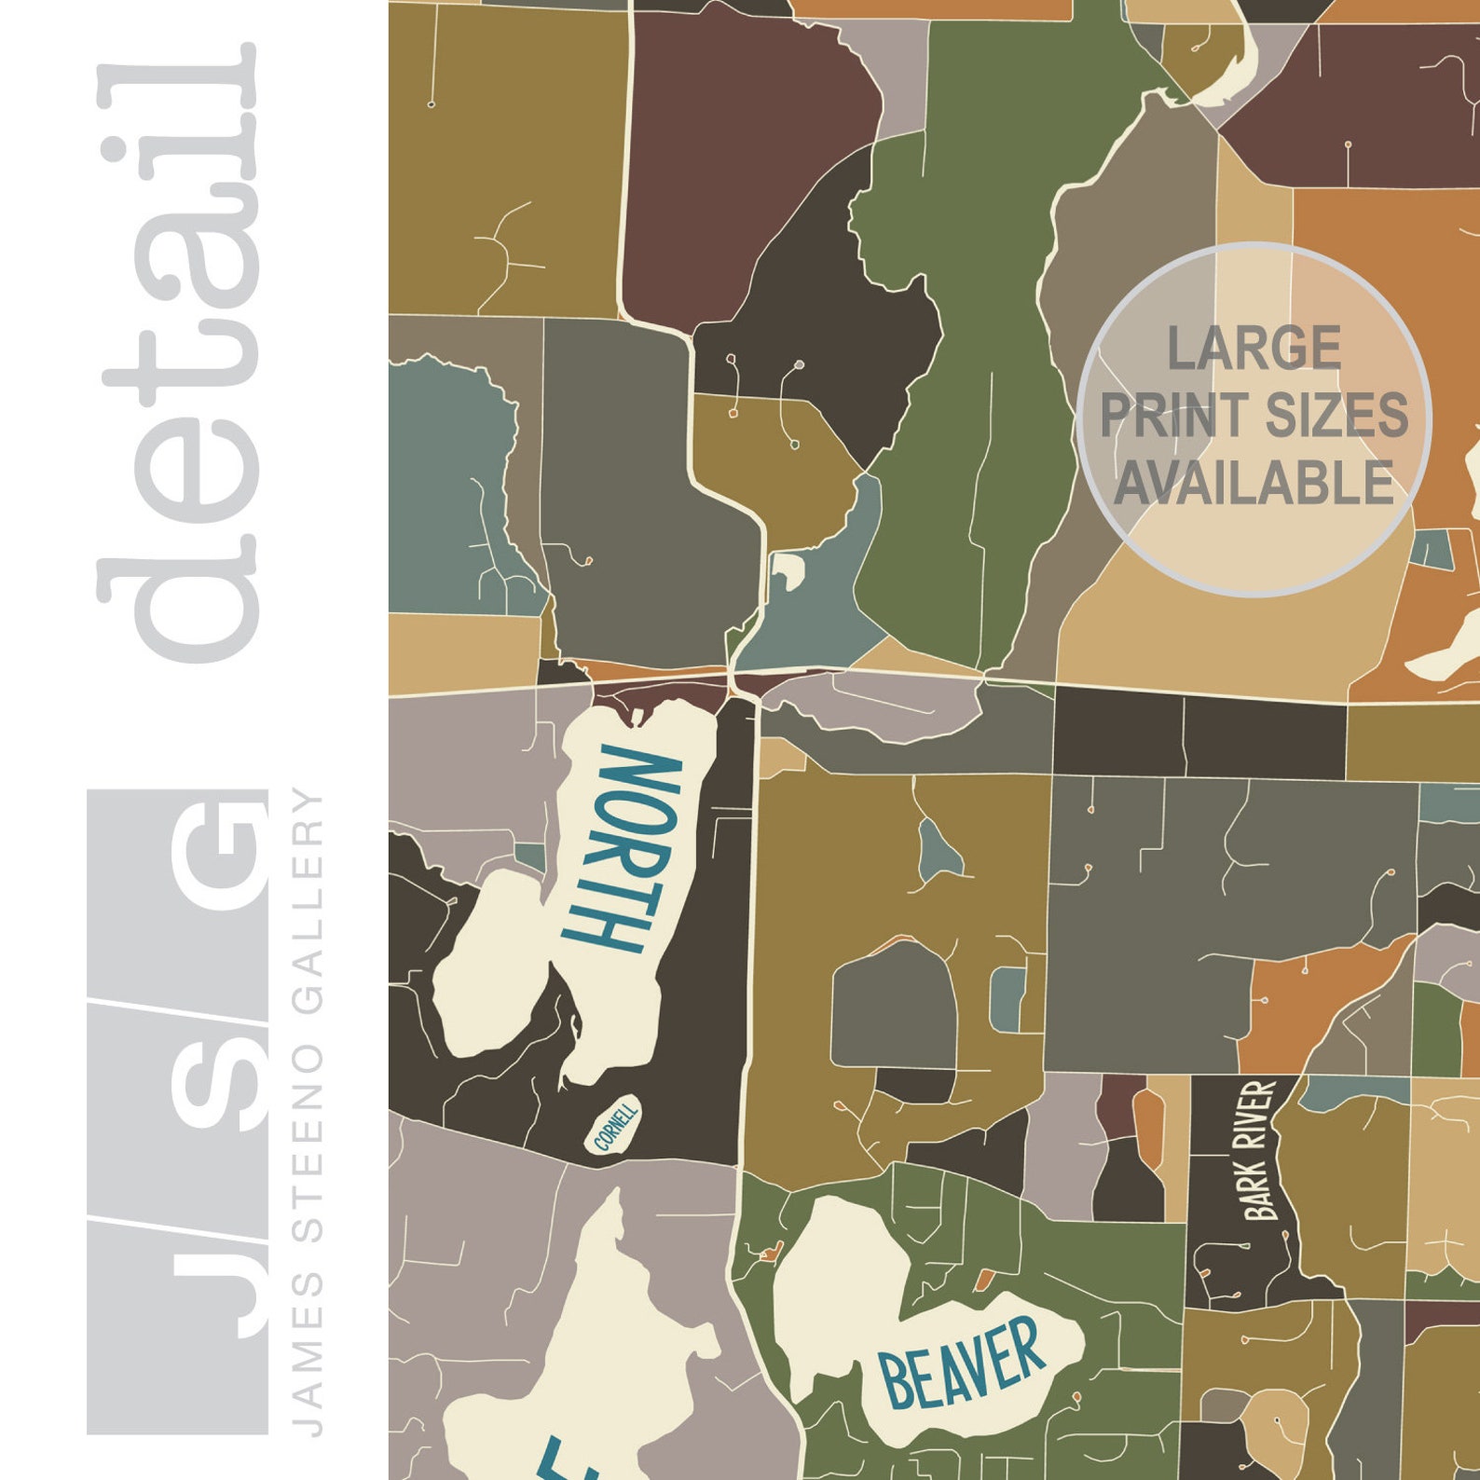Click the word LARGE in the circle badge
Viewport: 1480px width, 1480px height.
tap(1254, 349)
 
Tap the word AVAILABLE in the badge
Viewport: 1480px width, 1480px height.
tap(1254, 483)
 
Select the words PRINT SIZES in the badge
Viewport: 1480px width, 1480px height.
tap(1254, 416)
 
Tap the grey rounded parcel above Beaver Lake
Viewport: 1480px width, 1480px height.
tap(893, 1011)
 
